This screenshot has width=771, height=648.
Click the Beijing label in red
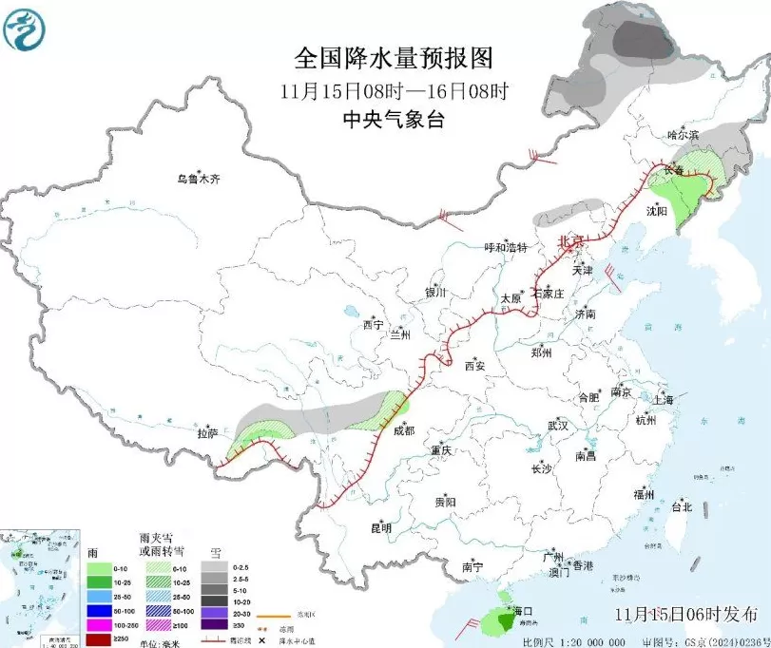[x=569, y=241]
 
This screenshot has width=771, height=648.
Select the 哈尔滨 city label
[x=682, y=136]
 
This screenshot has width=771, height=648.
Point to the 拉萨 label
[x=207, y=433]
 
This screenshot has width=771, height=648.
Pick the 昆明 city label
[x=380, y=527]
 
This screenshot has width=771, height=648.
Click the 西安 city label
[x=474, y=366]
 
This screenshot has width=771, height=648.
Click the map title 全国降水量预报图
[x=395, y=59]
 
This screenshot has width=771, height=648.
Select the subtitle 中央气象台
[x=394, y=120]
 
